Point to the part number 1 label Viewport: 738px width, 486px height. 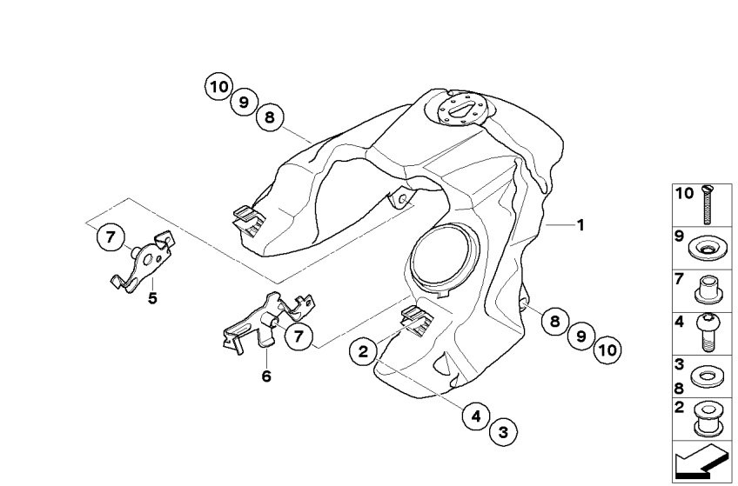(580, 225)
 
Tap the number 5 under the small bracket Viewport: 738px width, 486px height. (152, 297)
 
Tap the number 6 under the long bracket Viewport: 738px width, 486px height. (266, 376)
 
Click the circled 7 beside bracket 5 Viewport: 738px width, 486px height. (110, 236)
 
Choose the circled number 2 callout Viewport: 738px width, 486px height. (365, 352)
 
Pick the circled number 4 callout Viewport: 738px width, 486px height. (476, 417)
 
